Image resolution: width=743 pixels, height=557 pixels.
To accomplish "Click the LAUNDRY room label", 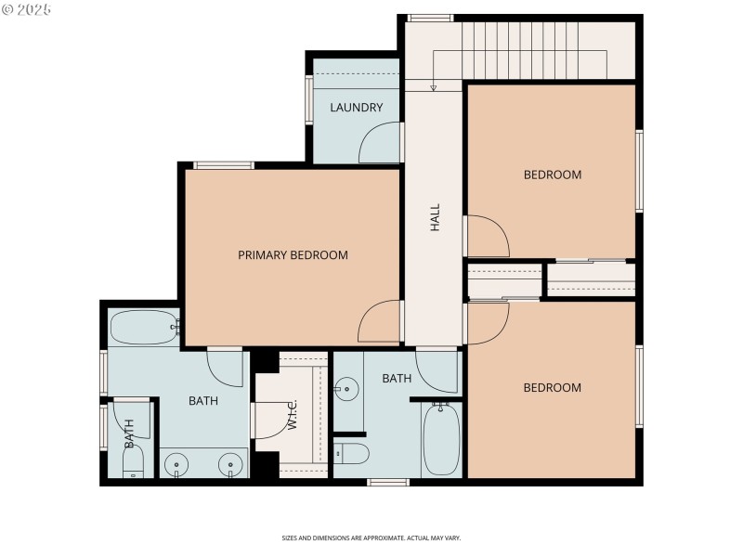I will coord(356,108).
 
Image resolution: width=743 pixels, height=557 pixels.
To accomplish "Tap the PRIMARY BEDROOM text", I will coord(293,255).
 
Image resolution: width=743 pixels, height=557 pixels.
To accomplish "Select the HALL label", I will coord(434,218).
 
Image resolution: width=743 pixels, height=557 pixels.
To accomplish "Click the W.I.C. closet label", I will coord(292,413).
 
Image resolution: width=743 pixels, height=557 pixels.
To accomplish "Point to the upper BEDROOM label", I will coord(552,175).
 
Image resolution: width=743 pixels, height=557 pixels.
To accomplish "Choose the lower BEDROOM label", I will coord(552,388).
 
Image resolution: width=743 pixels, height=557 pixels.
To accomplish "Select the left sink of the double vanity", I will coord(176,461).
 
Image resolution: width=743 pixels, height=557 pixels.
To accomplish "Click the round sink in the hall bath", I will coord(346,387).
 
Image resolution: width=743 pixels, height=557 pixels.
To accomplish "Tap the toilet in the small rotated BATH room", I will coord(133,463).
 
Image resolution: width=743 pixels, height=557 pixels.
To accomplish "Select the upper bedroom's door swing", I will coord(487,236).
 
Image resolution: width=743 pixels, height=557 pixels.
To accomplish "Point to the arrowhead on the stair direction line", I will coord(433,88).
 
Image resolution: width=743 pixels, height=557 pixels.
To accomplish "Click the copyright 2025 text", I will coord(27,9).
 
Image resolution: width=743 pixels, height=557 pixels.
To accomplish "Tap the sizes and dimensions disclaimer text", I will coord(371,538).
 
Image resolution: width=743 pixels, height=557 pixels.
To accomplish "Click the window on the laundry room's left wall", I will coord(309,99).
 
